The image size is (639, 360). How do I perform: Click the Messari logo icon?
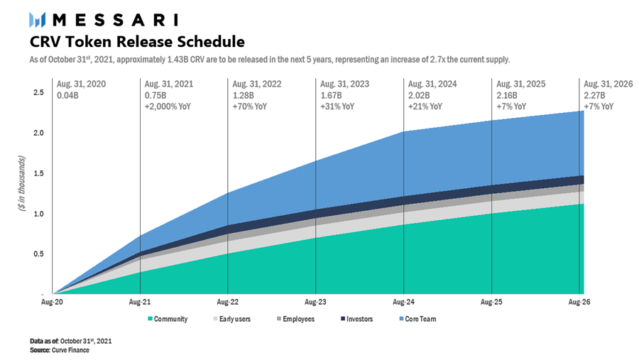[x=37, y=20]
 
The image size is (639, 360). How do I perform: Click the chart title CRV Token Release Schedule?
[x=137, y=42]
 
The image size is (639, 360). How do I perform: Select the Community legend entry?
[x=168, y=319]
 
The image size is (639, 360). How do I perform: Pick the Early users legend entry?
[x=231, y=319]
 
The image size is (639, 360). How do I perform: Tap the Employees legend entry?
[x=295, y=319]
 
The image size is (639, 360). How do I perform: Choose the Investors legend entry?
[x=356, y=319]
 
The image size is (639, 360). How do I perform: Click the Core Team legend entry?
[x=417, y=319]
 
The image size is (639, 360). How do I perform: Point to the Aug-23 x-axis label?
[x=315, y=302]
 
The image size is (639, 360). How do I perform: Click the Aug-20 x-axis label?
[x=52, y=302]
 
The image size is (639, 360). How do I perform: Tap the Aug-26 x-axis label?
[x=579, y=302]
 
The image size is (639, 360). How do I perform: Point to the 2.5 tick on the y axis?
[x=38, y=92]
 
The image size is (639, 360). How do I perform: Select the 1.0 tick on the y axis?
[x=38, y=214]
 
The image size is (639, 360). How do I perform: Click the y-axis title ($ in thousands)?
[x=21, y=183]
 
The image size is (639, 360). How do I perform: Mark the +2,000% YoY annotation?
[x=168, y=107]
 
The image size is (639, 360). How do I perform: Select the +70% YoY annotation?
[x=250, y=107]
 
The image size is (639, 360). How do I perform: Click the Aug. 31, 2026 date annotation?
[x=608, y=84]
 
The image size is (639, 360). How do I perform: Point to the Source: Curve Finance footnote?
[x=60, y=350]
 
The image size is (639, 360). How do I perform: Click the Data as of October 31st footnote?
[x=70, y=341]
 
